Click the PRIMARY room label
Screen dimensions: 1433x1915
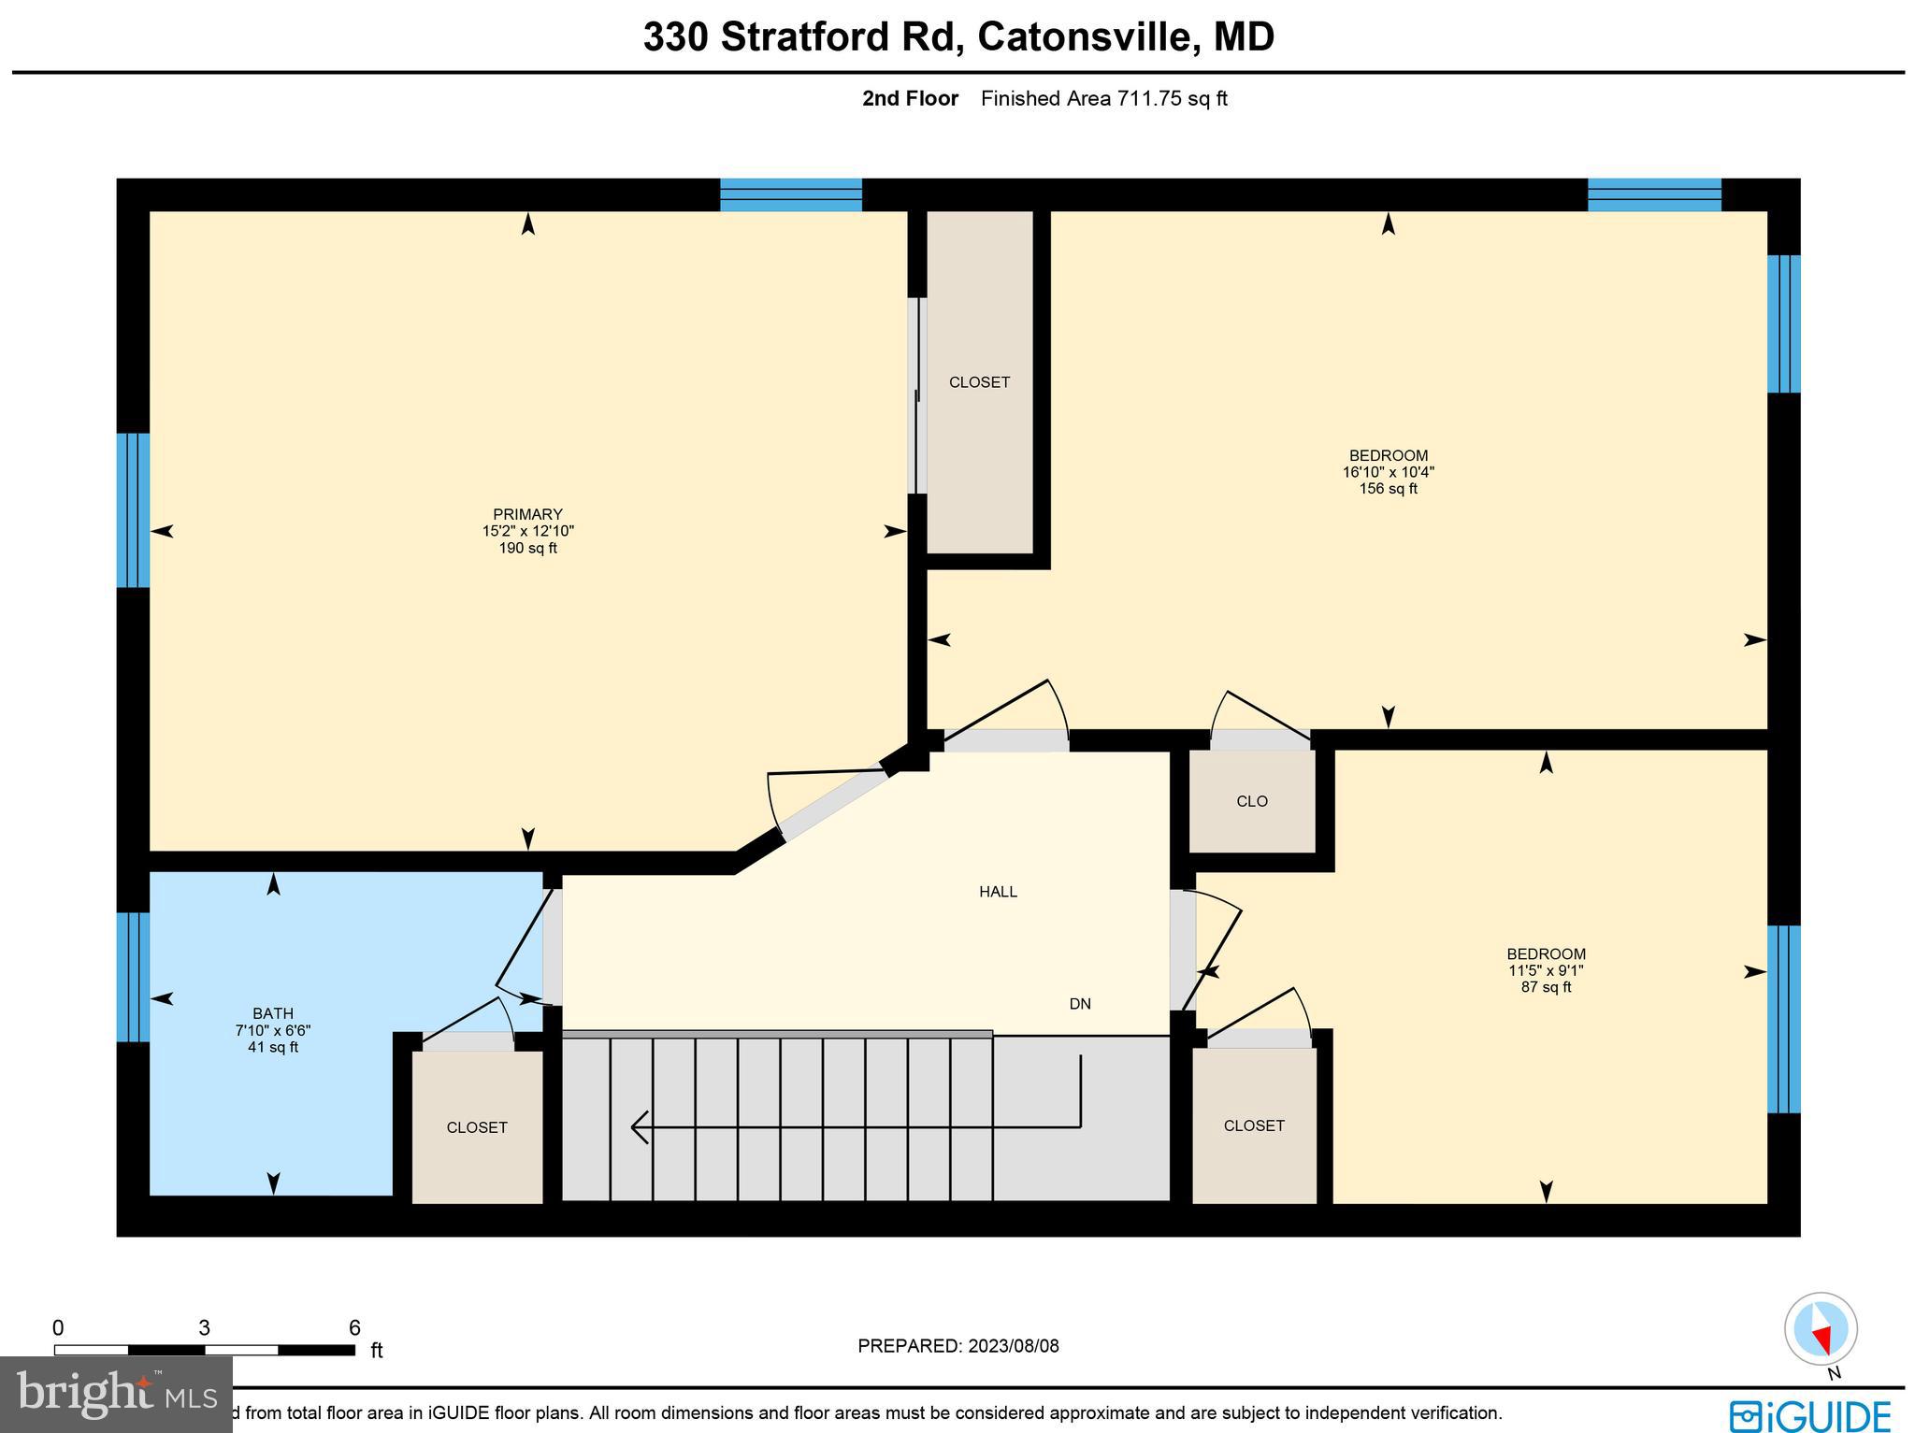pos(527,514)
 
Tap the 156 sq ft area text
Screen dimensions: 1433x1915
pos(1388,489)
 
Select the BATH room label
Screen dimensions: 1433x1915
pos(273,1013)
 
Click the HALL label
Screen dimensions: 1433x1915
pos(998,892)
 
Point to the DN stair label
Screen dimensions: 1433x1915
pos(1080,1004)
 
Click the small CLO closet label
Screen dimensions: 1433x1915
pos(1251,801)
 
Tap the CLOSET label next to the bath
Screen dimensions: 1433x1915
pos(477,1127)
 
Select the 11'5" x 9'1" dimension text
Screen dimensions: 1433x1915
pos(1546,970)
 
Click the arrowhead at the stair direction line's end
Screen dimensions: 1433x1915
pos(639,1126)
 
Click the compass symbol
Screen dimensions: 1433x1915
pos(1821,1329)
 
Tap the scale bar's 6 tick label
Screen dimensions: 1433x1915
pos(354,1328)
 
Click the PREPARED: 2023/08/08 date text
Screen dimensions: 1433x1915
pos(958,1346)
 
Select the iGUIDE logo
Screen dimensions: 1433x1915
pos(1809,1414)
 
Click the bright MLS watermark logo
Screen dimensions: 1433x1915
pos(116,1395)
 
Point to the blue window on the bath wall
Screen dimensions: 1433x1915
pos(133,977)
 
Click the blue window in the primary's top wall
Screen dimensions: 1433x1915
pos(790,195)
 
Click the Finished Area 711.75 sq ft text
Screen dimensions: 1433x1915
pos(1103,99)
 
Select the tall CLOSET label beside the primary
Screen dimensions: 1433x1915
pos(979,382)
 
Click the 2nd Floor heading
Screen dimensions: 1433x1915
pos(910,99)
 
